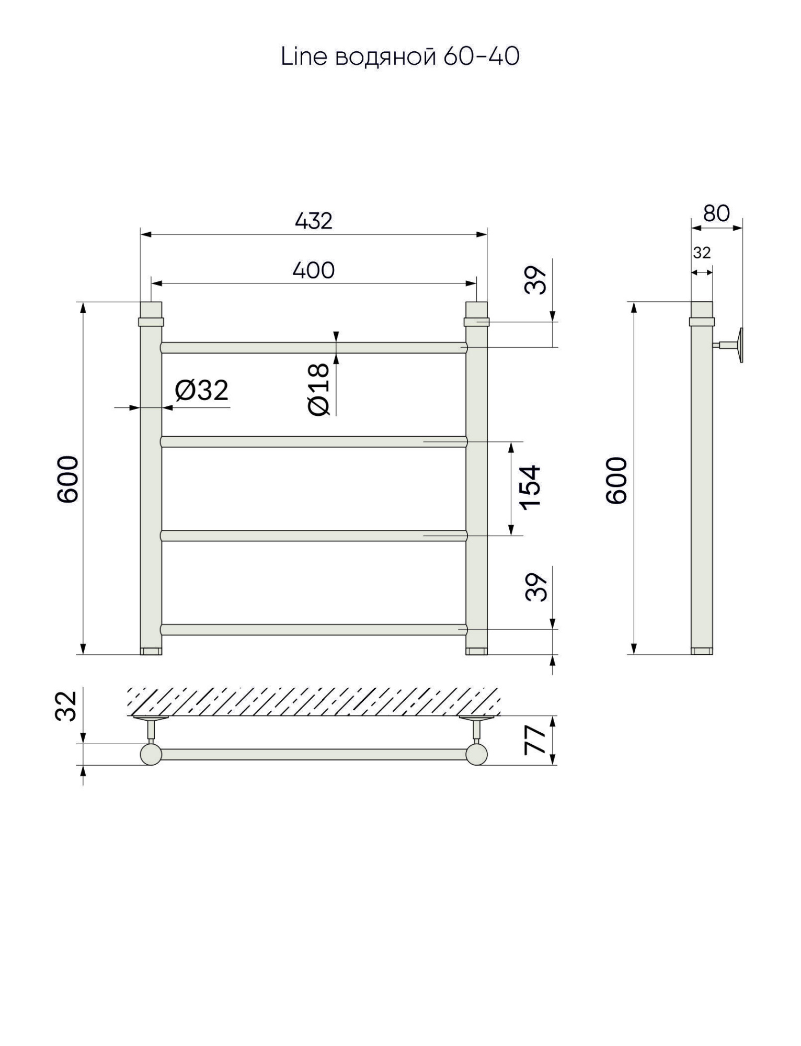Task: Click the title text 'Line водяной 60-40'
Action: click(x=400, y=56)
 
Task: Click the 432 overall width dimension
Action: click(x=314, y=221)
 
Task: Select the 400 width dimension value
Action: click(x=314, y=270)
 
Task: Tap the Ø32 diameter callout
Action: click(x=202, y=390)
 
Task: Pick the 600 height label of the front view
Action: click(x=68, y=479)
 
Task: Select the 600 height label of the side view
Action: click(x=617, y=480)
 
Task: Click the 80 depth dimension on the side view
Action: click(x=716, y=213)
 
